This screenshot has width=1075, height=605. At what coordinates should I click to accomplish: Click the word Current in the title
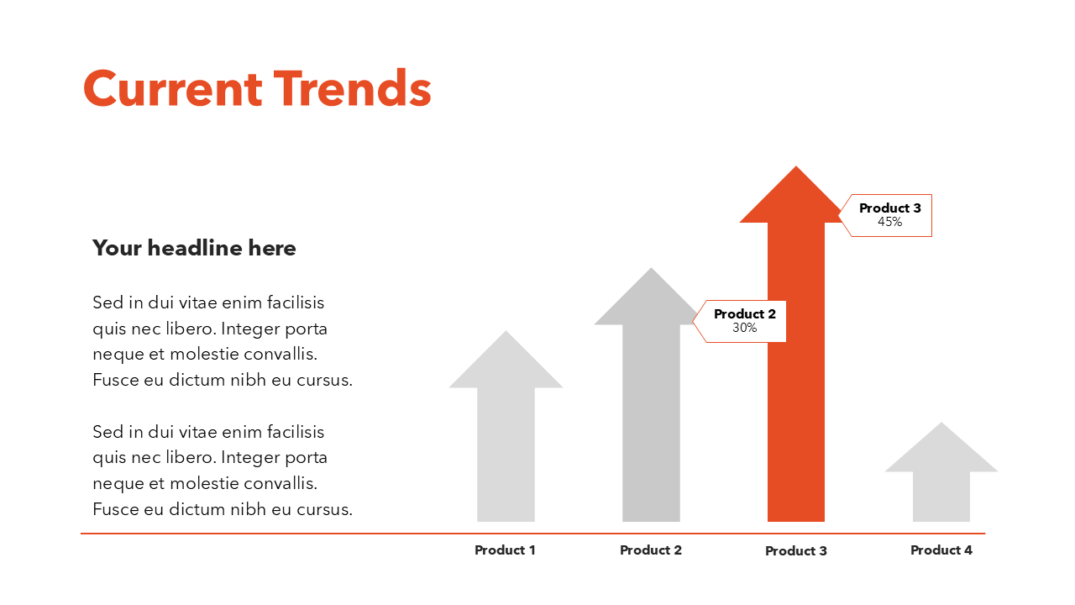pos(172,89)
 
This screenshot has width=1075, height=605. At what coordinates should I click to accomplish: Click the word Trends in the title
pos(352,89)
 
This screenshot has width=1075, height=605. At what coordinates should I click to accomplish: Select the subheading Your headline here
pos(194,248)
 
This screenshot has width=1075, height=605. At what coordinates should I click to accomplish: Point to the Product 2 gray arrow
pos(651,420)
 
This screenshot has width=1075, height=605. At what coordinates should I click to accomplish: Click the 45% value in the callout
pos(889,223)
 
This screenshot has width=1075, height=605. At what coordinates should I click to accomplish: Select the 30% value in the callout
pos(744,329)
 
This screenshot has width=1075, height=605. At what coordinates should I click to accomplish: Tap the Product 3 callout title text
pos(889,208)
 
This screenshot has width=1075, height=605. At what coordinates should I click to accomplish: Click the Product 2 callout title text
pos(744,314)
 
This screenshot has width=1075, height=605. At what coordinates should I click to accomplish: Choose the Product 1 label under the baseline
pos(505,550)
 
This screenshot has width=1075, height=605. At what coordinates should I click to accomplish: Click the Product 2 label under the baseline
pos(651,550)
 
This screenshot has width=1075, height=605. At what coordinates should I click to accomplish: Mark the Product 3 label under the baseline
pos(796,551)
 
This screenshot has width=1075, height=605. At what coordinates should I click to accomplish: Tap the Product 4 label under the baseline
pos(941,550)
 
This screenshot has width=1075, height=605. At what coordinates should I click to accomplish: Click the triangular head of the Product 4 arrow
pos(941,450)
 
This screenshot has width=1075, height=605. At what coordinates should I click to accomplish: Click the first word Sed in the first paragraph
pos(107,302)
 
